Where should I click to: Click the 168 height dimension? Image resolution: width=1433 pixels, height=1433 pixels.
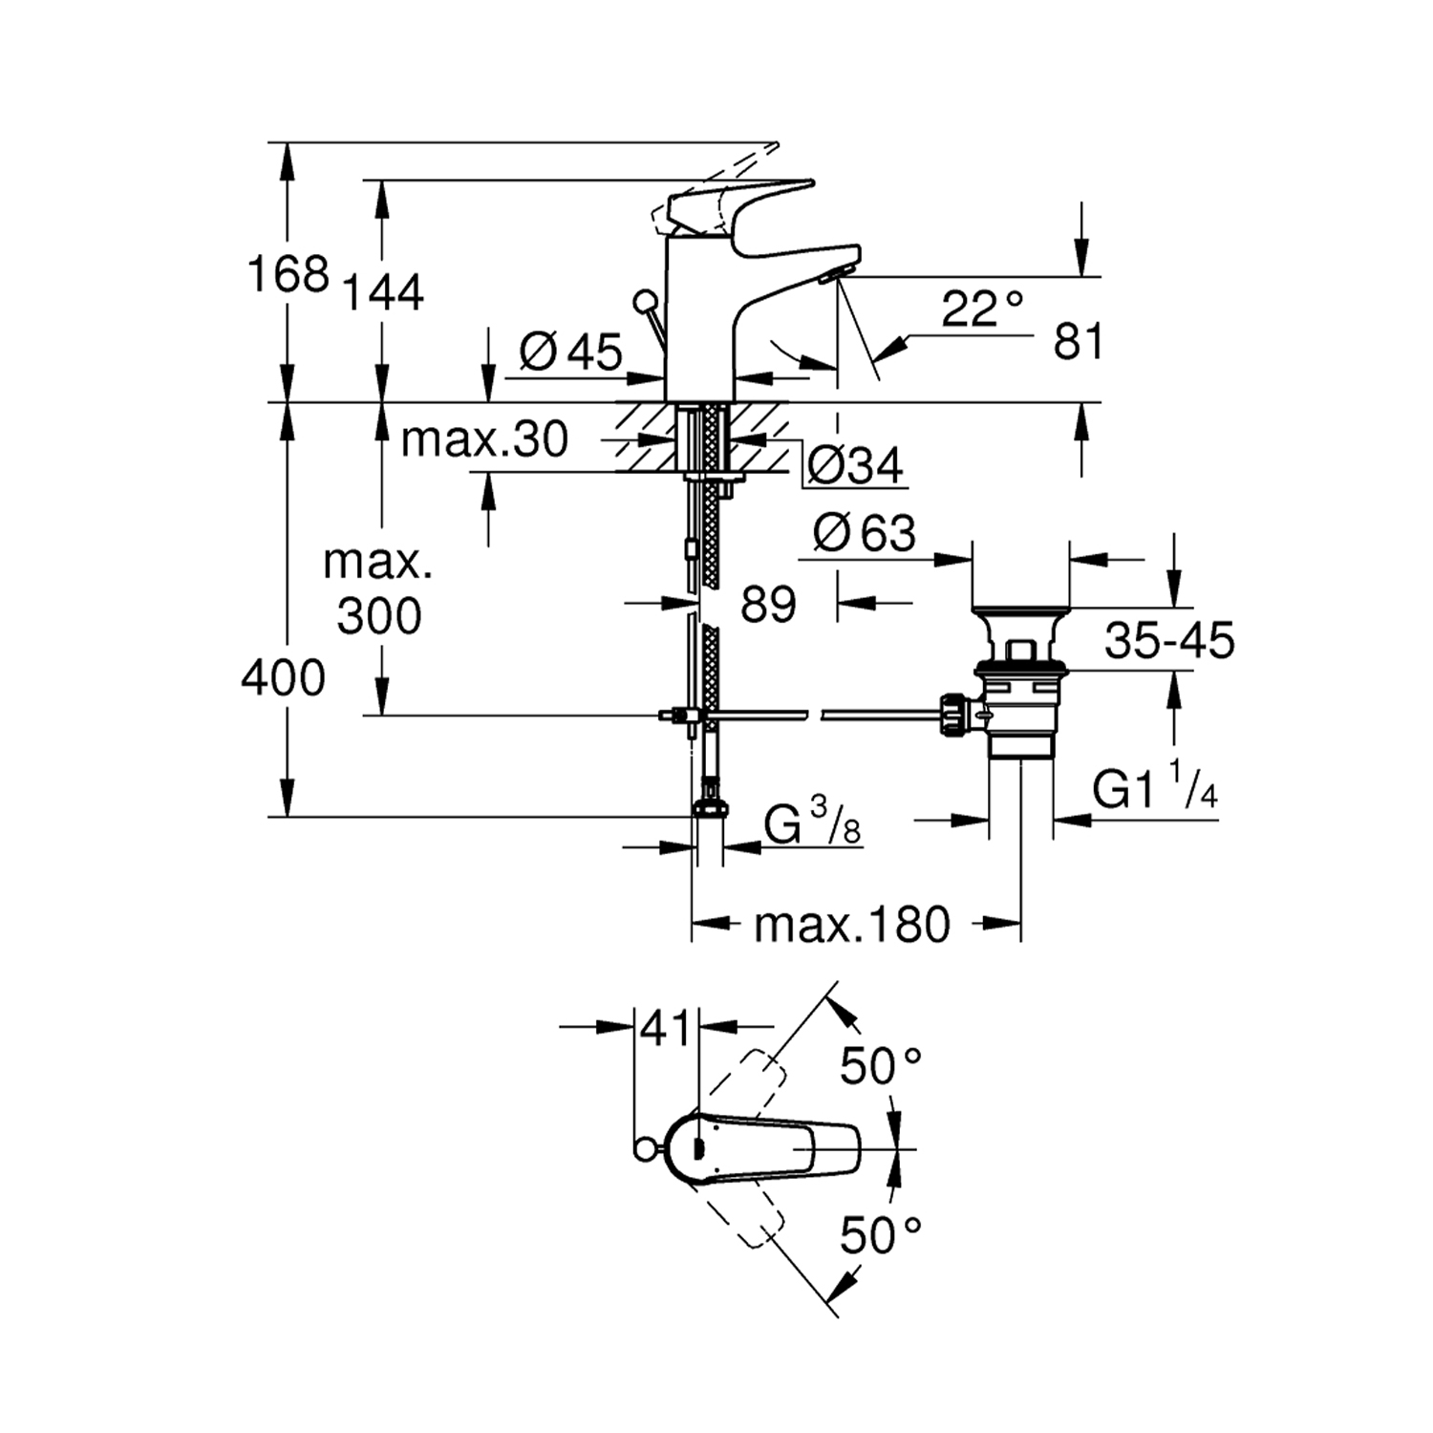[x=288, y=274]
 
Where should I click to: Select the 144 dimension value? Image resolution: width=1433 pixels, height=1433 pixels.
[x=382, y=291]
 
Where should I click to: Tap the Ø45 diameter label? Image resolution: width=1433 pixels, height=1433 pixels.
[x=570, y=352]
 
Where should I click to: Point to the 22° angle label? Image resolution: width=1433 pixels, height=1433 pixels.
[x=982, y=309]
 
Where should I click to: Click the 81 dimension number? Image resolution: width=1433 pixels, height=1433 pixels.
[x=1078, y=341]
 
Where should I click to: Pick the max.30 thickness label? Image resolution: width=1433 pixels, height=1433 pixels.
[x=484, y=439]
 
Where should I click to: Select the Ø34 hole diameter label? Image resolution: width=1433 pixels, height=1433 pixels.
[x=854, y=466]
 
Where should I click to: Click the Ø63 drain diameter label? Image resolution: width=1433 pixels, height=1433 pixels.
[x=864, y=533]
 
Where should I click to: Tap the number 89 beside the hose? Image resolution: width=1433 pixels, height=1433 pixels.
[x=768, y=604]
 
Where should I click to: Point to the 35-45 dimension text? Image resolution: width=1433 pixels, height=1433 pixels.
[x=1169, y=641]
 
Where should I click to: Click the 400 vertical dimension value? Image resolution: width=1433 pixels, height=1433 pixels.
[x=283, y=678]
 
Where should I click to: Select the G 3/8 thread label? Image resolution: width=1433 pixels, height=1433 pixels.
[x=813, y=823]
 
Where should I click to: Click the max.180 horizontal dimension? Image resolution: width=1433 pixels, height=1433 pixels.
[x=852, y=924]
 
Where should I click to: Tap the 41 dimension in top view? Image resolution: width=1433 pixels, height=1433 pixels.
[x=665, y=1028]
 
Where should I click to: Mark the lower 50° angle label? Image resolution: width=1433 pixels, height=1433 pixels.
[x=880, y=1236]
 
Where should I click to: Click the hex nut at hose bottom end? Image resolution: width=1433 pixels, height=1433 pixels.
[x=709, y=808]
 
